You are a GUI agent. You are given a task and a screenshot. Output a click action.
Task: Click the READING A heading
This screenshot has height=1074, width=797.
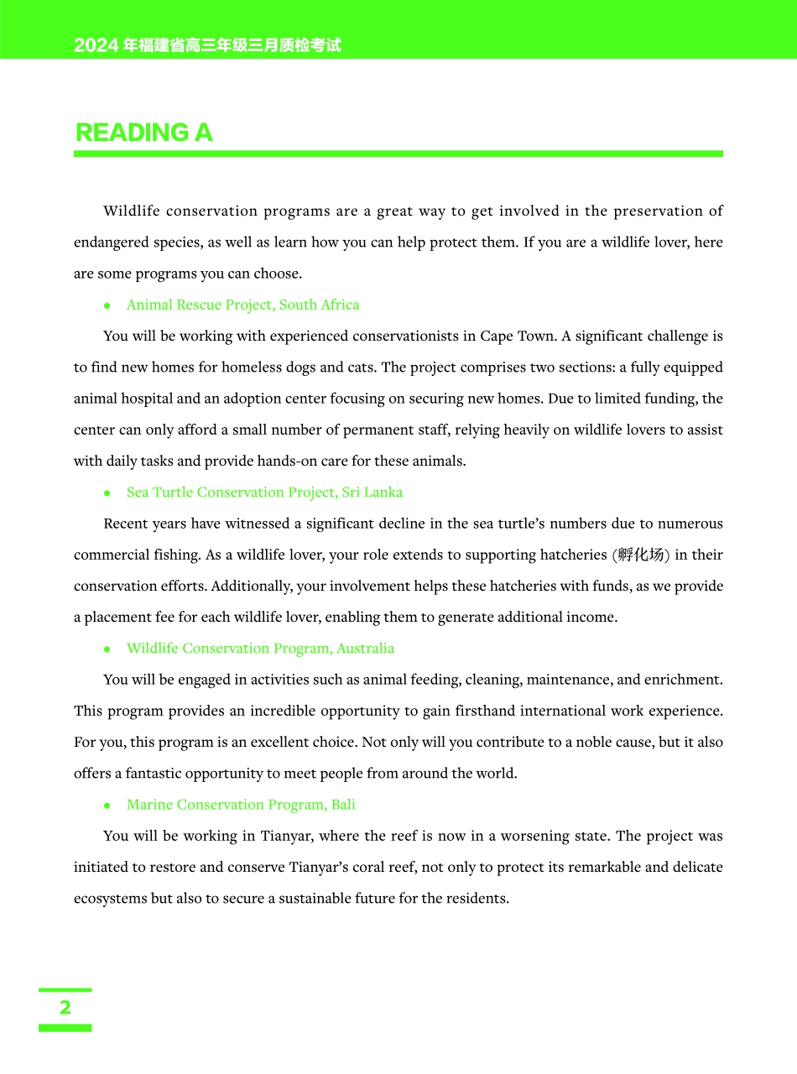143,133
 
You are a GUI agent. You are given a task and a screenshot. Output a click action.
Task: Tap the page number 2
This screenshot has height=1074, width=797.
65,1008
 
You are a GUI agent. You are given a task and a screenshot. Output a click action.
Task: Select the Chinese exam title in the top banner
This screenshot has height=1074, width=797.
207,45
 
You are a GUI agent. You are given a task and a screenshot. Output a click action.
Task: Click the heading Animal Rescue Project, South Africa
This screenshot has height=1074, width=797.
242,305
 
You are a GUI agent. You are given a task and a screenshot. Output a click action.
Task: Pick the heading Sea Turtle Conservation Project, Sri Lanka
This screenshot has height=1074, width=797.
264,493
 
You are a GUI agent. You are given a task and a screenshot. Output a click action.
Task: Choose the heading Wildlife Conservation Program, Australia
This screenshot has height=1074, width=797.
260,649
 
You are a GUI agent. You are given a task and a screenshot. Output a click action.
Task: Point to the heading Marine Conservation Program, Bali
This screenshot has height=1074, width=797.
241,805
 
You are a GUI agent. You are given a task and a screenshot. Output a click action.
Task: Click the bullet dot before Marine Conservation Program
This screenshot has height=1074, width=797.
107,805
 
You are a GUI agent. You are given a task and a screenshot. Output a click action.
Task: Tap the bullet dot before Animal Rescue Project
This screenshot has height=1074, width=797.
107,305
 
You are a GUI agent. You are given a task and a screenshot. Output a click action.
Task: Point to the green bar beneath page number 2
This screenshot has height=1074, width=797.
65,1028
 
